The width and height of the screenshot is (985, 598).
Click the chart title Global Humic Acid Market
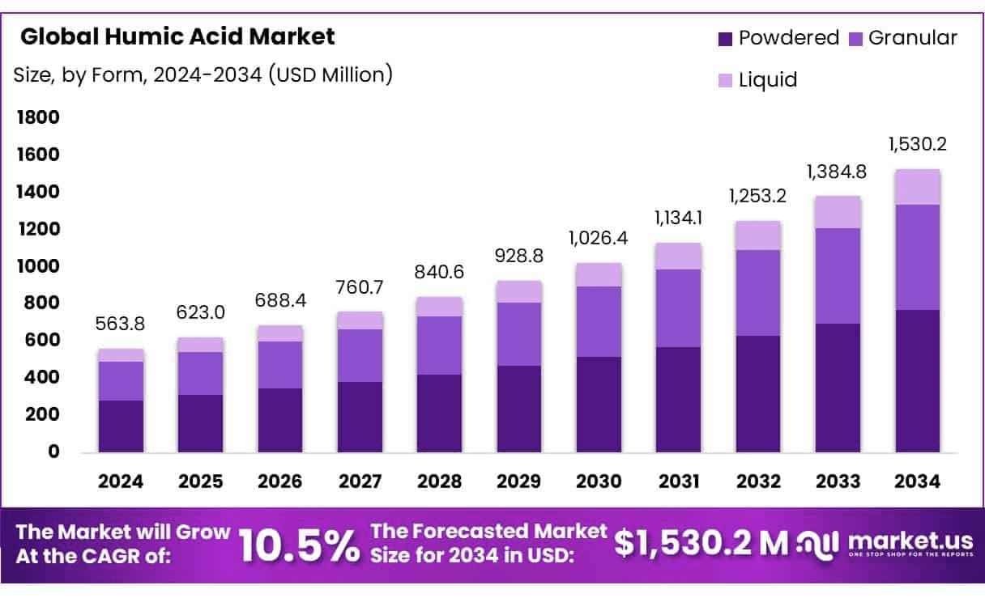[x=177, y=36]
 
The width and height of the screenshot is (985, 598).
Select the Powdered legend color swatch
[x=725, y=38]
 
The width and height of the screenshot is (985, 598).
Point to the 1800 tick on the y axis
[x=38, y=118]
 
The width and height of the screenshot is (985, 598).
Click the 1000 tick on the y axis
[x=38, y=266]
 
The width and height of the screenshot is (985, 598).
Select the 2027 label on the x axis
[x=360, y=481]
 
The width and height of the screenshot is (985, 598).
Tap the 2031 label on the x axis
[x=678, y=481]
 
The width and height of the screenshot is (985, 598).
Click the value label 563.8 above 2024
[x=122, y=324]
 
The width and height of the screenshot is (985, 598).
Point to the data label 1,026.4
[x=599, y=239]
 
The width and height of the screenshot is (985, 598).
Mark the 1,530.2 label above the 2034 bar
[x=917, y=145]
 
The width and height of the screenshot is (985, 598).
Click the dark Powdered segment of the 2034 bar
[x=917, y=380]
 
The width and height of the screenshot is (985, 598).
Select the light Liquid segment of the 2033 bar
[x=838, y=212]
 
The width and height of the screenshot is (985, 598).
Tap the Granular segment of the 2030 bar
[x=599, y=321]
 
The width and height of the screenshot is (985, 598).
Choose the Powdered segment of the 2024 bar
[x=122, y=426]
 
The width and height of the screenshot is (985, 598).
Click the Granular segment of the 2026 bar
[x=280, y=365]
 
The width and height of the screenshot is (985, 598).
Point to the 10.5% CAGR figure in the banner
[x=299, y=545]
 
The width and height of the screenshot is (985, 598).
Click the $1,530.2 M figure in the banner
[x=699, y=544]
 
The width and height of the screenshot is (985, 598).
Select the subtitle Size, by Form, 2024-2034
[x=203, y=75]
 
